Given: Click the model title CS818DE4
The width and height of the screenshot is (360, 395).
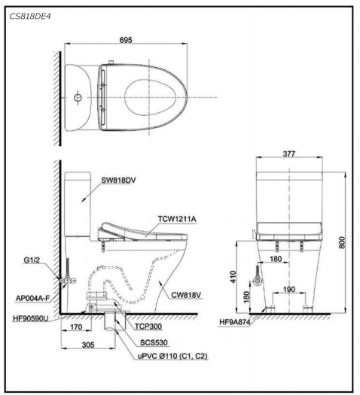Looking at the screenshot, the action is (30, 17).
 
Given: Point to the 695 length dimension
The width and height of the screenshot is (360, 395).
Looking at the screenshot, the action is (126, 40).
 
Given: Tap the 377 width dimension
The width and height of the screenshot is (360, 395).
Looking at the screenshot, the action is (289, 153).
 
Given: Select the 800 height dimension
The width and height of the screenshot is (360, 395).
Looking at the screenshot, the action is (342, 242).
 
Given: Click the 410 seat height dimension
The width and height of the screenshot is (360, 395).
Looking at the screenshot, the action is (233, 277).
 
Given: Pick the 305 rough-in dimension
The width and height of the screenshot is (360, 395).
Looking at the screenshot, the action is (88, 345).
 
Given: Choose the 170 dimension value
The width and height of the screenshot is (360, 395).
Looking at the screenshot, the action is (76, 327).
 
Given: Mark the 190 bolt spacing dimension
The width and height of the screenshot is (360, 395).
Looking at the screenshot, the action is (289, 290).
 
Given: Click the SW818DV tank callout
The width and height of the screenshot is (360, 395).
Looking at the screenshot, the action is (118, 181).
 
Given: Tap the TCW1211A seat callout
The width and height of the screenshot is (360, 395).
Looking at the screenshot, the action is (177, 219).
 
